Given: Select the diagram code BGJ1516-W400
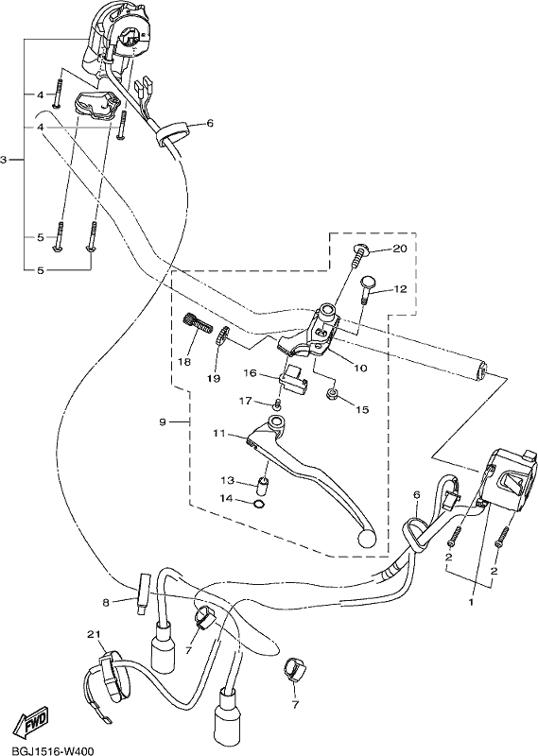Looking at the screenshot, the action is (x=47, y=750).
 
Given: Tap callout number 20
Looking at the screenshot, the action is (x=400, y=249).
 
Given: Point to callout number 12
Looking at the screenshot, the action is (x=400, y=289).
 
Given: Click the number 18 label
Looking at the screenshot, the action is (x=184, y=362).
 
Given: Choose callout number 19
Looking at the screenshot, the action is (x=214, y=378).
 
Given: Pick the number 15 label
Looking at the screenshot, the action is (x=362, y=410).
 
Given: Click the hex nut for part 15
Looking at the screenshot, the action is (x=332, y=394).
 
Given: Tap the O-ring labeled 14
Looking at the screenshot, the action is (x=260, y=505).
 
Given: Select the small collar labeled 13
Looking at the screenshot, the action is (x=261, y=486).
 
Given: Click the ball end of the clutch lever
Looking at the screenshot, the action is (x=367, y=539).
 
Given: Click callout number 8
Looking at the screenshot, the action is (x=106, y=602).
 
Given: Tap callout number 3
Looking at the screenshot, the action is (x=4, y=160).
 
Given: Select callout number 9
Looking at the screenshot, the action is (x=162, y=422).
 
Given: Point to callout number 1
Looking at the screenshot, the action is (x=472, y=602).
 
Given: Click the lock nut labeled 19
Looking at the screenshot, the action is (x=221, y=335).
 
